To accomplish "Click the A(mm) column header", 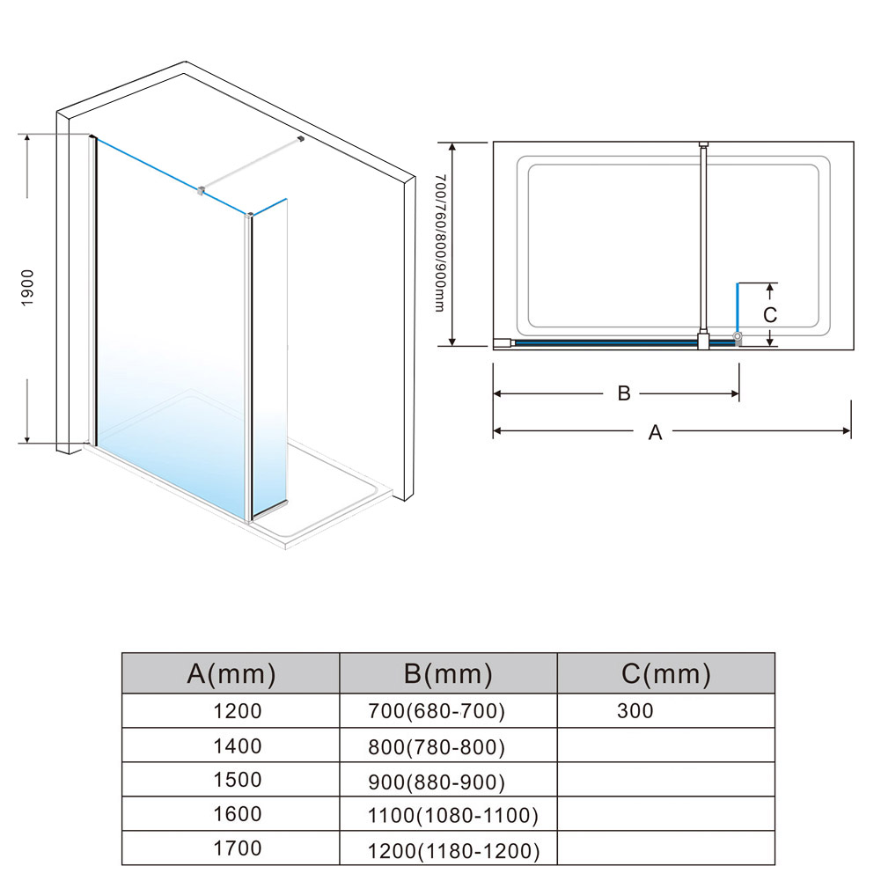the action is (231, 673).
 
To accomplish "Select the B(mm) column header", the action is (448, 673).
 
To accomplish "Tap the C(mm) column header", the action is (665, 673).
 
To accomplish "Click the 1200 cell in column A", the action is (237, 711).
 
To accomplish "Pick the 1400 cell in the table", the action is (237, 746).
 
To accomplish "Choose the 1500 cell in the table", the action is (237, 780).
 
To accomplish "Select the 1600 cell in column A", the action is (237, 814).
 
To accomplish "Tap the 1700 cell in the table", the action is (237, 848).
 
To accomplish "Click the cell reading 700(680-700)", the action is (437, 711).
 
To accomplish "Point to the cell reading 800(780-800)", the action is (437, 747).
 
